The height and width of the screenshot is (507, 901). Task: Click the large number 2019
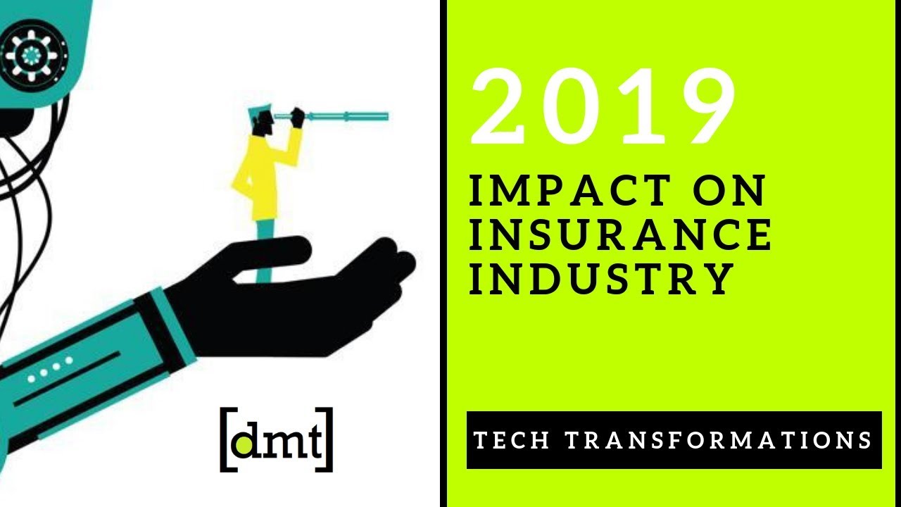[604, 107]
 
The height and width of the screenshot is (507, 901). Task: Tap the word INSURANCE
[620, 235]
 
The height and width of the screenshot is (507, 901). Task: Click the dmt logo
[277, 438]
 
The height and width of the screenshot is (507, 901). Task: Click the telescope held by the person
[345, 115]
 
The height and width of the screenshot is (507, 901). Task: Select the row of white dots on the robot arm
[49, 368]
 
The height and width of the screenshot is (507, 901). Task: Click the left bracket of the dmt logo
[226, 439]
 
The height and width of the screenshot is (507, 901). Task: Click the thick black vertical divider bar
[443, 254]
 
